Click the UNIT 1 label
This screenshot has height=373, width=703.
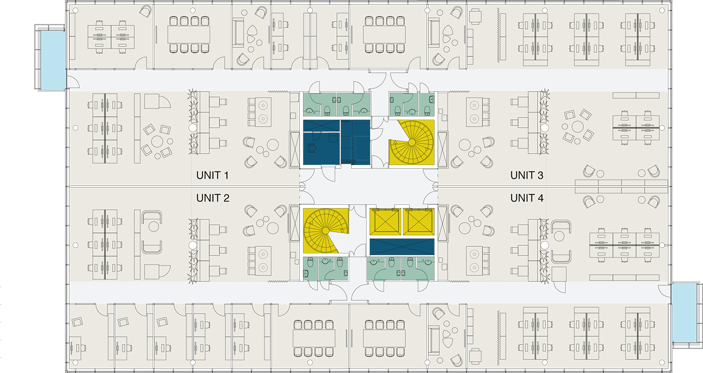coord(212,175)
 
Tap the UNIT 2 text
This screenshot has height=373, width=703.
coord(213,198)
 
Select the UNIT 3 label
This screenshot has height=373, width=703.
coord(527,175)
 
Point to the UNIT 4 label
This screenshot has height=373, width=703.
coord(527,198)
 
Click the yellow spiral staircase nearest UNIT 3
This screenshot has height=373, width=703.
coord(412,142)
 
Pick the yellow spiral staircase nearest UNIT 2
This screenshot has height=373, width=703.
coord(326,231)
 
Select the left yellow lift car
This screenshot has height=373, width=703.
coord(385,222)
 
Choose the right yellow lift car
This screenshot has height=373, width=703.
coord(419,222)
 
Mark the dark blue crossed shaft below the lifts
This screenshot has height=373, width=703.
coord(402,247)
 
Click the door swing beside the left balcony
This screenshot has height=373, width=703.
coord(73,81)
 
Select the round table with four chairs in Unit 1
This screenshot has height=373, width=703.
coord(157,141)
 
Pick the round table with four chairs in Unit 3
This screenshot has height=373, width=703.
coord(577,127)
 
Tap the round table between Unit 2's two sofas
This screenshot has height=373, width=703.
coord(154,226)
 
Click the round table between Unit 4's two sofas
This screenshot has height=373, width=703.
coord(559,236)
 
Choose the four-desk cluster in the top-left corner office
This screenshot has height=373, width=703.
coord(111,37)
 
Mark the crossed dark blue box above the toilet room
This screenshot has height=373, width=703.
coord(321,126)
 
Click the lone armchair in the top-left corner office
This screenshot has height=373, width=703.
coord(146,12)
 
